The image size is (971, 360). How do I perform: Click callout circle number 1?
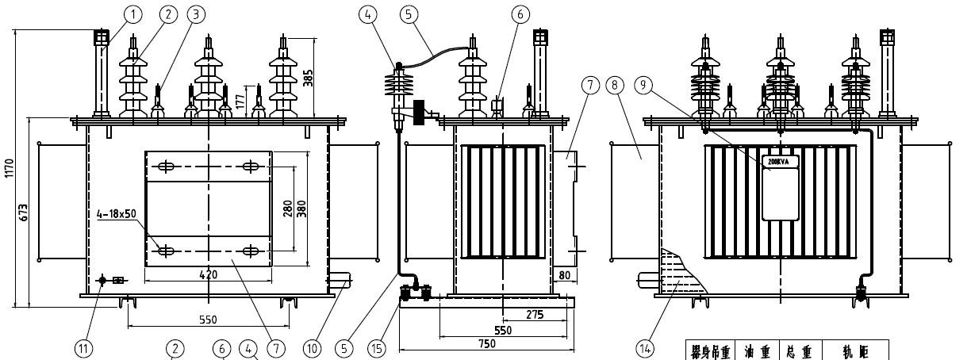133,14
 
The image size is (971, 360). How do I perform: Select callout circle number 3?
195,14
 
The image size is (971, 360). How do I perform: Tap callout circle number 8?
615,83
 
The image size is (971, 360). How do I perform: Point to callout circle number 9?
653,83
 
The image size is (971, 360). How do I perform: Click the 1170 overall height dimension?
9,168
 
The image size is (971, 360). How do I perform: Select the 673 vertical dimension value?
25,212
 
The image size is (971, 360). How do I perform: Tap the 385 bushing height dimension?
309,75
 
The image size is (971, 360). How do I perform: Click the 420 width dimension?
208,274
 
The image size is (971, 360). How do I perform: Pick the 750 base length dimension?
486,343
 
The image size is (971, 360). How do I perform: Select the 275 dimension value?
535,315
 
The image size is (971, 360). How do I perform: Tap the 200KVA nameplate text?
779,161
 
